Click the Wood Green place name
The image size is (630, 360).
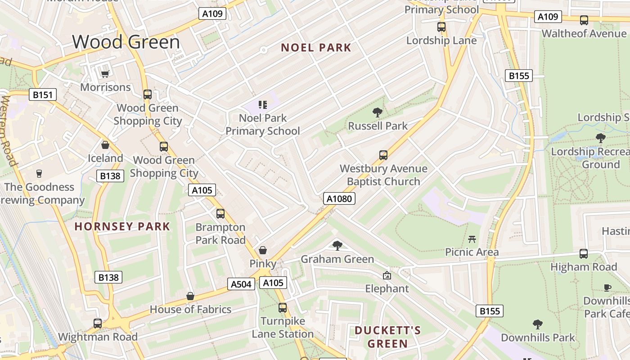click(x=126, y=42)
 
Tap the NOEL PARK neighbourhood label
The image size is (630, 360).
click(x=316, y=48)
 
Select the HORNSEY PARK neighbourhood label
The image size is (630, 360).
click(x=122, y=226)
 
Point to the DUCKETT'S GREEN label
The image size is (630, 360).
click(x=387, y=337)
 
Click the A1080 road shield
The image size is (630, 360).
click(x=339, y=198)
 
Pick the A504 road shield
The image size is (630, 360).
click(x=241, y=284)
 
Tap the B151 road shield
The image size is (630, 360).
click(x=43, y=94)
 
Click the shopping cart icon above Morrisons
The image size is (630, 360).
click(x=105, y=74)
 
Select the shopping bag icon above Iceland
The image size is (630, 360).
click(x=105, y=145)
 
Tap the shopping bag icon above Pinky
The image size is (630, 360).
click(x=263, y=250)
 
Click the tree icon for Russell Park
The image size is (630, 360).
click(x=378, y=112)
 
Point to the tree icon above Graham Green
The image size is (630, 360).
click(x=337, y=245)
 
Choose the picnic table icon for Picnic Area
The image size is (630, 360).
click(x=472, y=239)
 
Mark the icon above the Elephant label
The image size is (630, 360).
click(x=387, y=275)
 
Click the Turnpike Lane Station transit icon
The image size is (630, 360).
click(x=283, y=308)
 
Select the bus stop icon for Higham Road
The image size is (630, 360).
click(x=584, y=253)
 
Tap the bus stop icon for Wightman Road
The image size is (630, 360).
click(x=98, y=323)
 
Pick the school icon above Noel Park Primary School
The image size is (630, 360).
click(x=263, y=105)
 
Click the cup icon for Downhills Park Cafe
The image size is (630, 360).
click(x=607, y=288)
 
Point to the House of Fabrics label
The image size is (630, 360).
click(x=190, y=310)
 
